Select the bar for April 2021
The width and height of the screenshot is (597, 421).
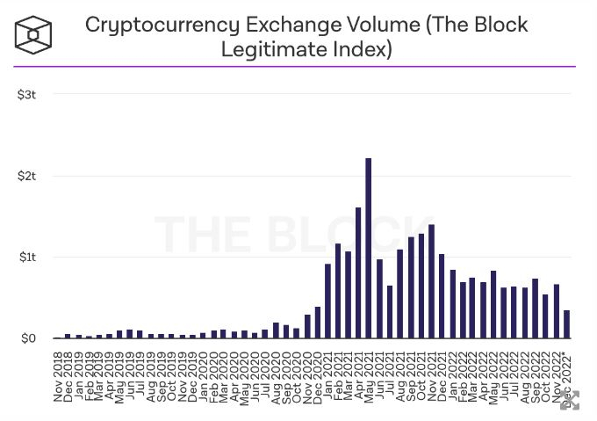coord(358,273)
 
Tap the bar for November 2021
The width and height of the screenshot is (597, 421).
coord(431,281)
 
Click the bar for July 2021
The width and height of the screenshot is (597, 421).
coord(390,312)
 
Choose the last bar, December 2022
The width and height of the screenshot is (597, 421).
coord(566,324)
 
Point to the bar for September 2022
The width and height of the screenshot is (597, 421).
coord(535,308)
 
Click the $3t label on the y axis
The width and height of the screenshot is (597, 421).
coord(25,94)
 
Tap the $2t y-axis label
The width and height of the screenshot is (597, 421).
coord(25,176)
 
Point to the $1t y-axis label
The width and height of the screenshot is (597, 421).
coord(25,257)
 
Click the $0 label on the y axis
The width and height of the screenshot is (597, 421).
coord(28,338)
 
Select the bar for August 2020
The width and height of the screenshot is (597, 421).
coord(276,330)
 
